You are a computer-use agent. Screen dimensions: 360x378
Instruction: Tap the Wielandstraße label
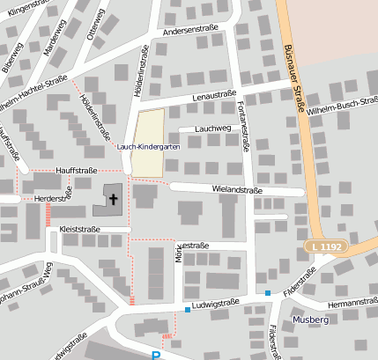239,188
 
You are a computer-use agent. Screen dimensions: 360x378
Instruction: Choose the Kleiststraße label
79,229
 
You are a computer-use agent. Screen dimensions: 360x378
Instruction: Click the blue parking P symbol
156,356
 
